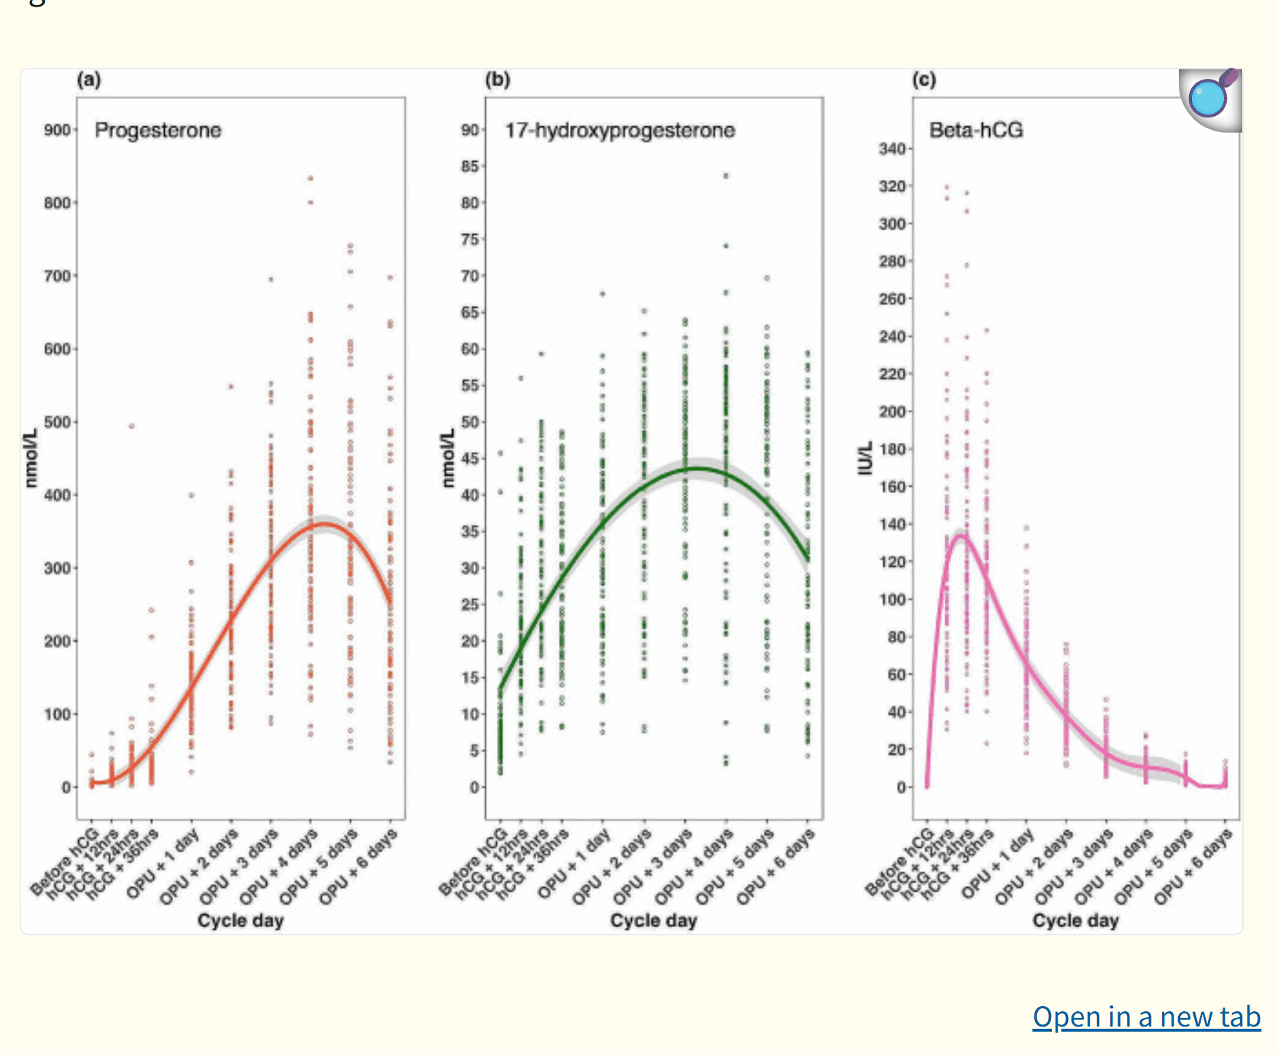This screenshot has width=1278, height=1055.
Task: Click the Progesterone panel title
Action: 158,130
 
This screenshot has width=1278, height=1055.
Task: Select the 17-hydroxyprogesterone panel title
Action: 619,130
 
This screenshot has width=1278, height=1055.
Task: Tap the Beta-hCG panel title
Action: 975,130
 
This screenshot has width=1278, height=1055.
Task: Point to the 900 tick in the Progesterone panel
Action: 57,130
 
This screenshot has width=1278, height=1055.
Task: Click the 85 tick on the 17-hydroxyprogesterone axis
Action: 470,166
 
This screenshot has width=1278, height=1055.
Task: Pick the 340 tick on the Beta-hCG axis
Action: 891,149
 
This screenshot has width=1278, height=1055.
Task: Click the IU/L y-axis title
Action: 866,457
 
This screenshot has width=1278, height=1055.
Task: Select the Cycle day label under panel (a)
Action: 240,921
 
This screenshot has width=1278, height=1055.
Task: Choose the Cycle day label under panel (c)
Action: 1075,921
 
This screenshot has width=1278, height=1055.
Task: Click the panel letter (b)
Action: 497,80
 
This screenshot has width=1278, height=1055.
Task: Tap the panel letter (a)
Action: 89,80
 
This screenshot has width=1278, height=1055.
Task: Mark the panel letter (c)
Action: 923,80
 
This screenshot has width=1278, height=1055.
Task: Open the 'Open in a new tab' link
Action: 1146,1016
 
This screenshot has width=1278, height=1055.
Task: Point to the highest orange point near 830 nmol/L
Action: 310,178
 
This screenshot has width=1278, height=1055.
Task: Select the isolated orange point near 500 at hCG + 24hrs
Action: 131,426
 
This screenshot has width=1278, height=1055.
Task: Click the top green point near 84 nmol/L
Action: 726,176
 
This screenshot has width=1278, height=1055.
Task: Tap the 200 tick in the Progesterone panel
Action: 57,641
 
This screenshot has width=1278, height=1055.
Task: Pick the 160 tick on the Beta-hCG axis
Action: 891,487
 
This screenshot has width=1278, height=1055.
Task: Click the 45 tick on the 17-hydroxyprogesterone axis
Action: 470,458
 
